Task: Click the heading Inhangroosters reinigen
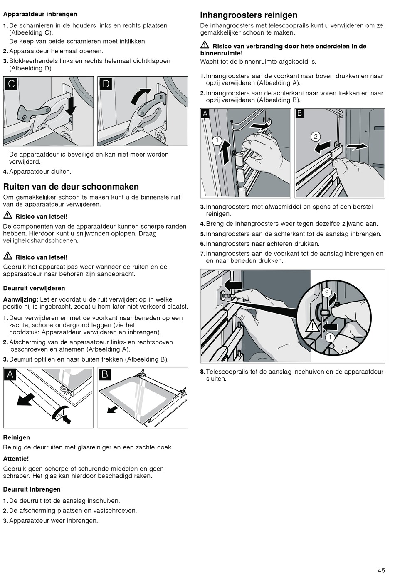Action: tap(249, 15)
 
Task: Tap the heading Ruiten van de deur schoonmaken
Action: tap(71, 187)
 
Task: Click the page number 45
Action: tap(381, 570)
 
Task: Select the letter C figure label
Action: tap(11, 84)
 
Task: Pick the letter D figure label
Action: tap(106, 84)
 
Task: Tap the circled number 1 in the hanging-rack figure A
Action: tap(217, 141)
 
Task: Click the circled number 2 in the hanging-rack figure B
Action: tap(316, 137)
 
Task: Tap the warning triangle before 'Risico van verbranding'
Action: tap(205, 45)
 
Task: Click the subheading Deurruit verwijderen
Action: tap(34, 288)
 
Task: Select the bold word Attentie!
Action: tap(16, 459)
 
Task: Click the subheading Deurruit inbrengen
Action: tap(32, 489)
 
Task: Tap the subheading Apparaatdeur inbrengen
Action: tap(40, 14)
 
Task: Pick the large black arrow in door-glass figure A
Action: tap(26, 399)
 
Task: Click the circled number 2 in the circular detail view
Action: tap(327, 292)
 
